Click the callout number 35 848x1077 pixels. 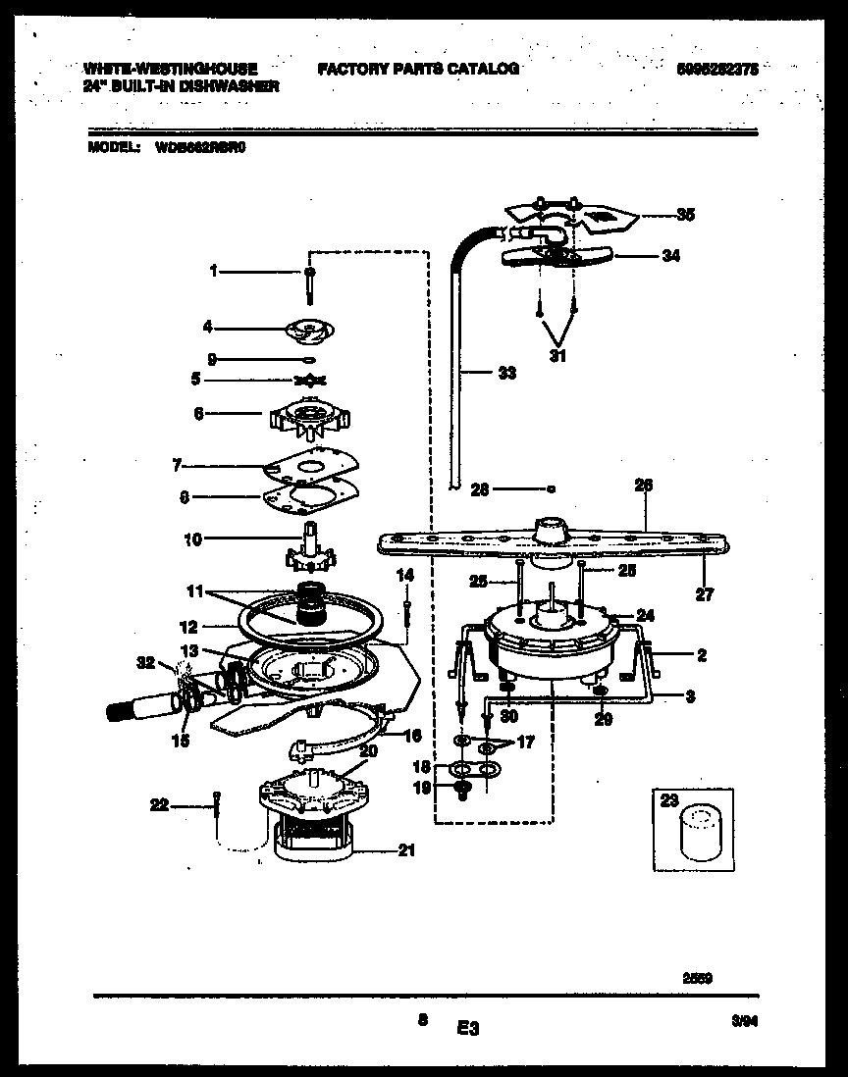[684, 215]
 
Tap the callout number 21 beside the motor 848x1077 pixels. [405, 850]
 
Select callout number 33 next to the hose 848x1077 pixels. [505, 373]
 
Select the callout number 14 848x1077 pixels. [404, 575]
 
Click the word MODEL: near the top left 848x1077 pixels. [111, 148]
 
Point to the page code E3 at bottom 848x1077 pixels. [466, 1028]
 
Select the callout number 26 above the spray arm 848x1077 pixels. [644, 485]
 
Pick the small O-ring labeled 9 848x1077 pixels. [309, 360]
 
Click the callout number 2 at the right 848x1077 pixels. [701, 655]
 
